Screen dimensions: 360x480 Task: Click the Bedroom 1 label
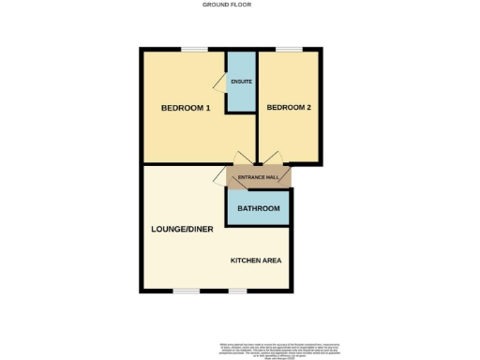(x=186, y=108)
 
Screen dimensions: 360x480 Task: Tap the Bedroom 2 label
(x=288, y=108)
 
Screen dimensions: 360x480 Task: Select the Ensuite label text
(x=241, y=82)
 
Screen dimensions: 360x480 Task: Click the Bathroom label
(x=258, y=208)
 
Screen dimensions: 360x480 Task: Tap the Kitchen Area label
(x=256, y=260)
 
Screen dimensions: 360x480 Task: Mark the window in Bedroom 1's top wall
(x=195, y=49)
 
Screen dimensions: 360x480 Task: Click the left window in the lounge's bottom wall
(x=186, y=291)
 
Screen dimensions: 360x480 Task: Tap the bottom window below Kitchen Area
(x=238, y=291)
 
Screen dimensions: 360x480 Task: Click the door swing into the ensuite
(x=220, y=84)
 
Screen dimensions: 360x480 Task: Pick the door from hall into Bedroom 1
(x=242, y=158)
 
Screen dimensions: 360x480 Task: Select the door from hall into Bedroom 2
(x=271, y=158)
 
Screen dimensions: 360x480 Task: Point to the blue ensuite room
(x=241, y=94)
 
